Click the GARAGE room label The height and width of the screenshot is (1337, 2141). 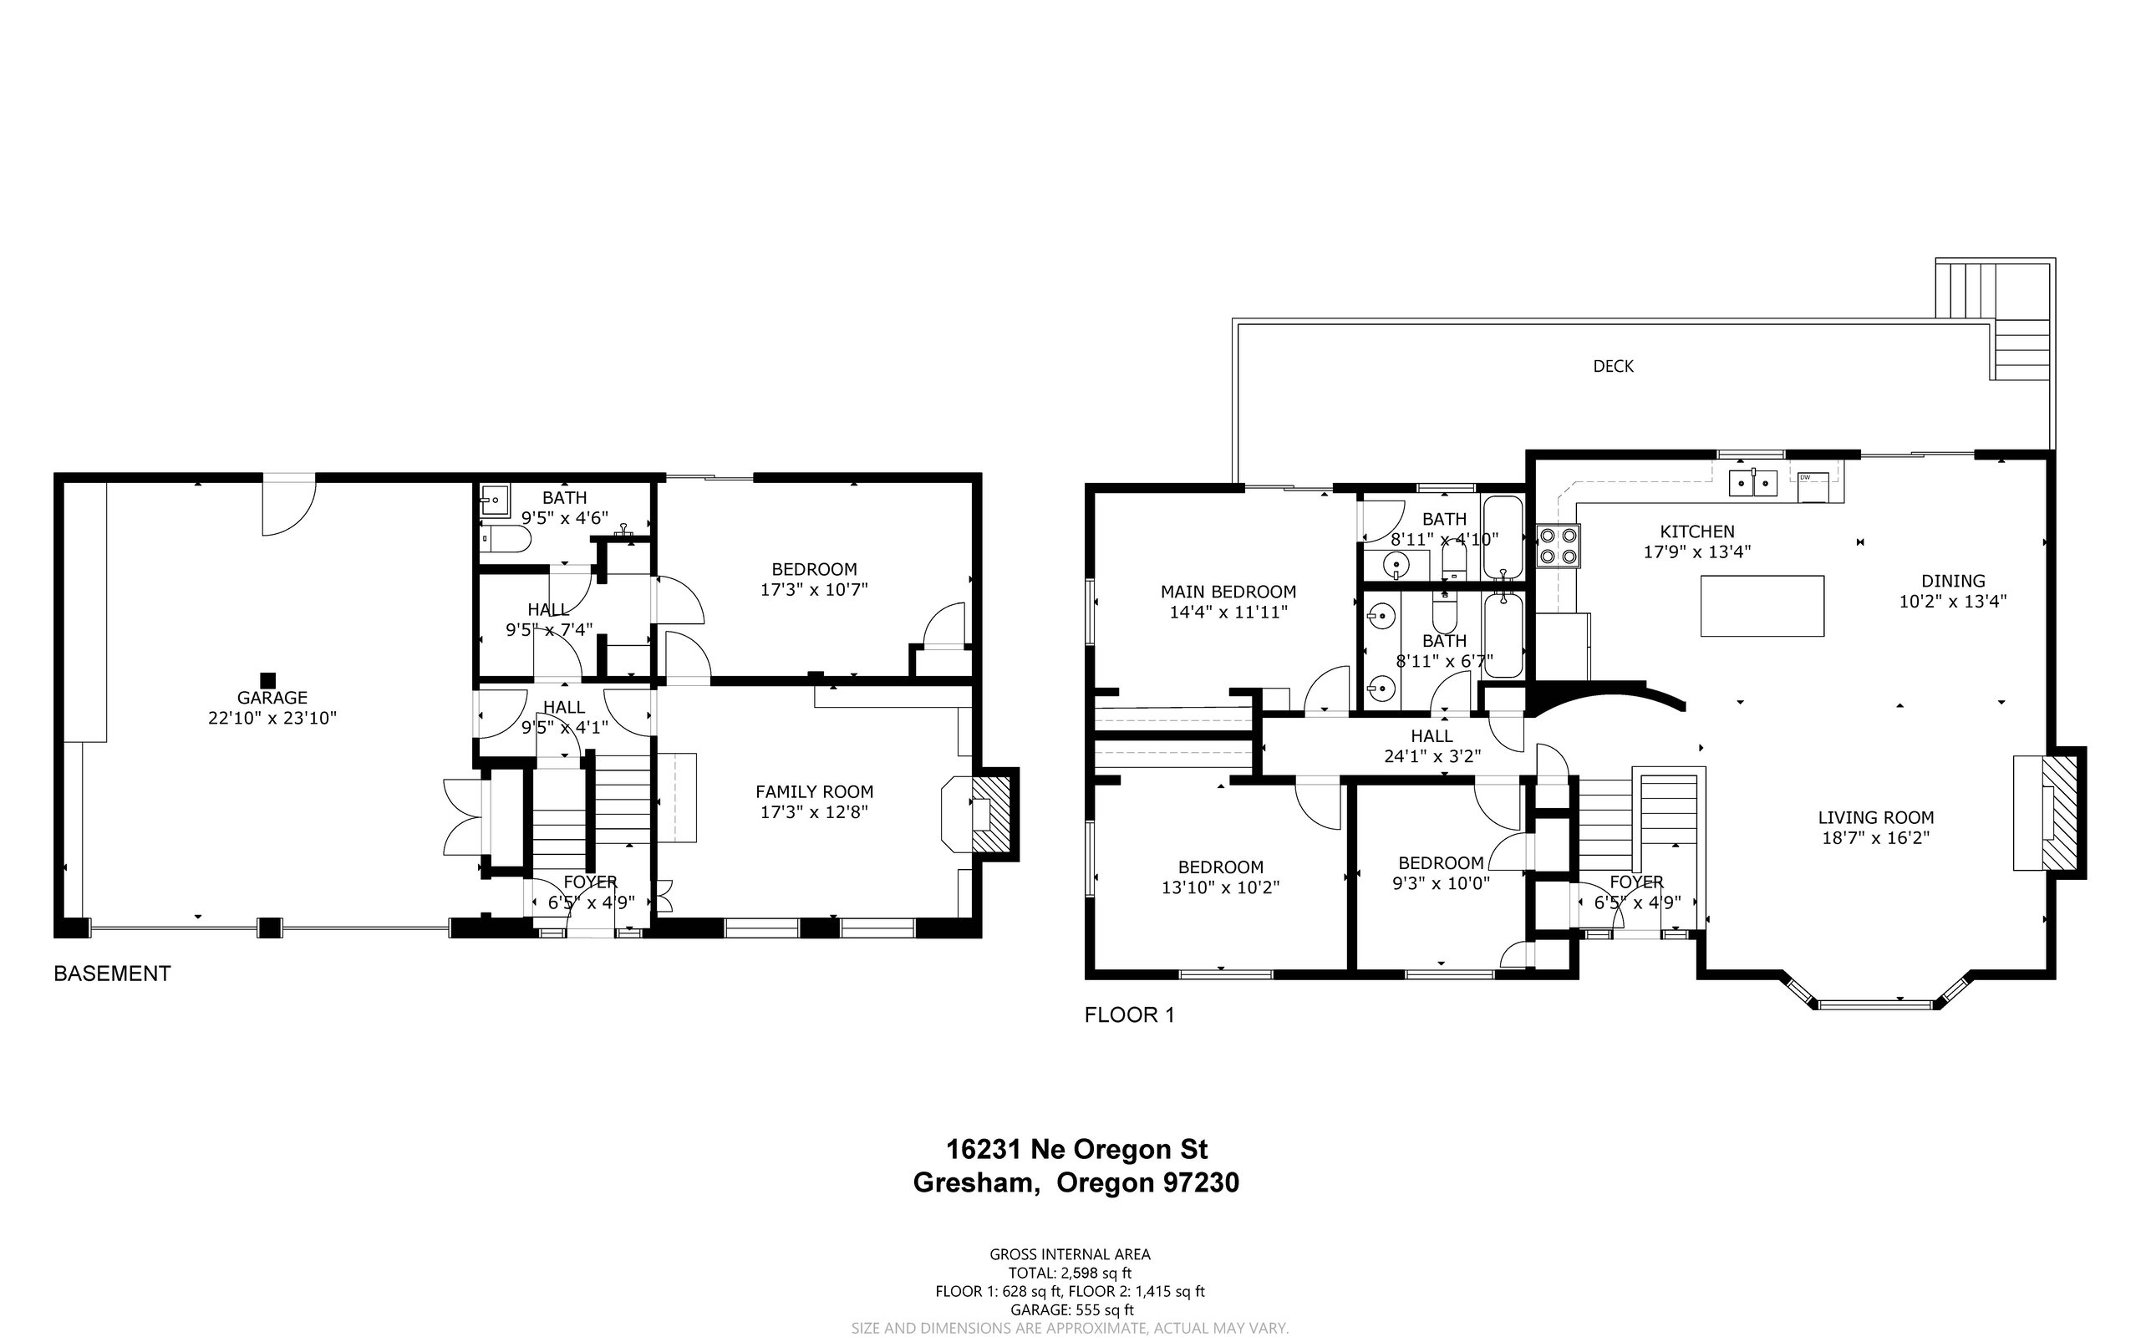(272, 698)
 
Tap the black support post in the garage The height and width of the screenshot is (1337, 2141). (268, 680)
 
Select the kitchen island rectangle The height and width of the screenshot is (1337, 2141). (1762, 606)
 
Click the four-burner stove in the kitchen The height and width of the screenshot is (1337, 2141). (1559, 545)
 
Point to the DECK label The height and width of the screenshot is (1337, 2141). (1613, 366)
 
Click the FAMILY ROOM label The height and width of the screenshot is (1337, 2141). (814, 792)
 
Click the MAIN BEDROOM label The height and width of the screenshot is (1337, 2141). (1228, 592)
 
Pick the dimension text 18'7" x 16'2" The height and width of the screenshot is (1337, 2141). (1874, 837)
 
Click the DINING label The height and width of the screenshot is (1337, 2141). (1953, 581)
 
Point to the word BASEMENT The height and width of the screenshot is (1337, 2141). (112, 974)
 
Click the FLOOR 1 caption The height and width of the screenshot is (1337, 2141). (1129, 1015)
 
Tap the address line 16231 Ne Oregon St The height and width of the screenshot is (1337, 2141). (1076, 1150)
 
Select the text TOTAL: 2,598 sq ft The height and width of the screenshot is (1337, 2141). (1070, 1273)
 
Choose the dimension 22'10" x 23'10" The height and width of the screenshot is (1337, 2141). (272, 718)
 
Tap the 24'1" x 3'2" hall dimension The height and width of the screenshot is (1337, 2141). (1432, 756)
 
